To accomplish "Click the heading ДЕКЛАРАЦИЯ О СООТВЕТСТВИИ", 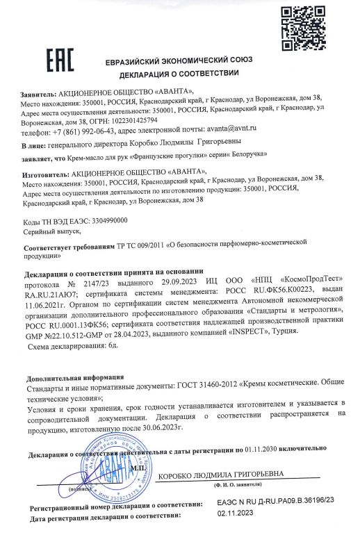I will [x=179, y=74].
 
